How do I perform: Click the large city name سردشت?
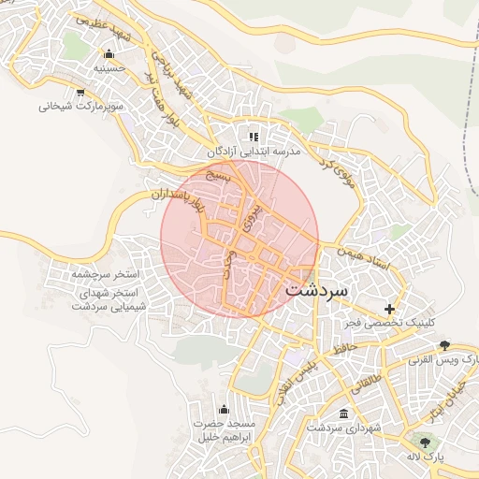click(313, 290)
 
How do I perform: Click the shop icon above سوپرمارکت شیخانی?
click(80, 92)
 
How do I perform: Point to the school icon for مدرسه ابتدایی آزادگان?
click(253, 137)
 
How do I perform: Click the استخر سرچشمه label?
click(105, 275)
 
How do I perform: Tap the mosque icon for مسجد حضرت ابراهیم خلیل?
click(223, 409)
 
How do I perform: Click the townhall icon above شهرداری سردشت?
click(343, 414)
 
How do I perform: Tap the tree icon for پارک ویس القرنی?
click(443, 346)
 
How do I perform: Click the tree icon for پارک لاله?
click(426, 443)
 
